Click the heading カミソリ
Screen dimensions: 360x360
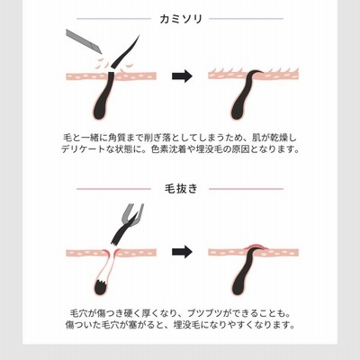point(181,19)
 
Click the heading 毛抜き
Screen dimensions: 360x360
point(181,189)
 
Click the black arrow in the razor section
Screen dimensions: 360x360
point(182,76)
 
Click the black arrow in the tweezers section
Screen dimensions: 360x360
point(182,251)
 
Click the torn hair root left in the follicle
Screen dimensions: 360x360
point(102,286)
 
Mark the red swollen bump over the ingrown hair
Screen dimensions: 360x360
point(254,247)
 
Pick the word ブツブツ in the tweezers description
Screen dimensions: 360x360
point(205,314)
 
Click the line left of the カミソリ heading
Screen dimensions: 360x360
point(114,19)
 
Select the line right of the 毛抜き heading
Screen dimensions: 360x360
point(246,189)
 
